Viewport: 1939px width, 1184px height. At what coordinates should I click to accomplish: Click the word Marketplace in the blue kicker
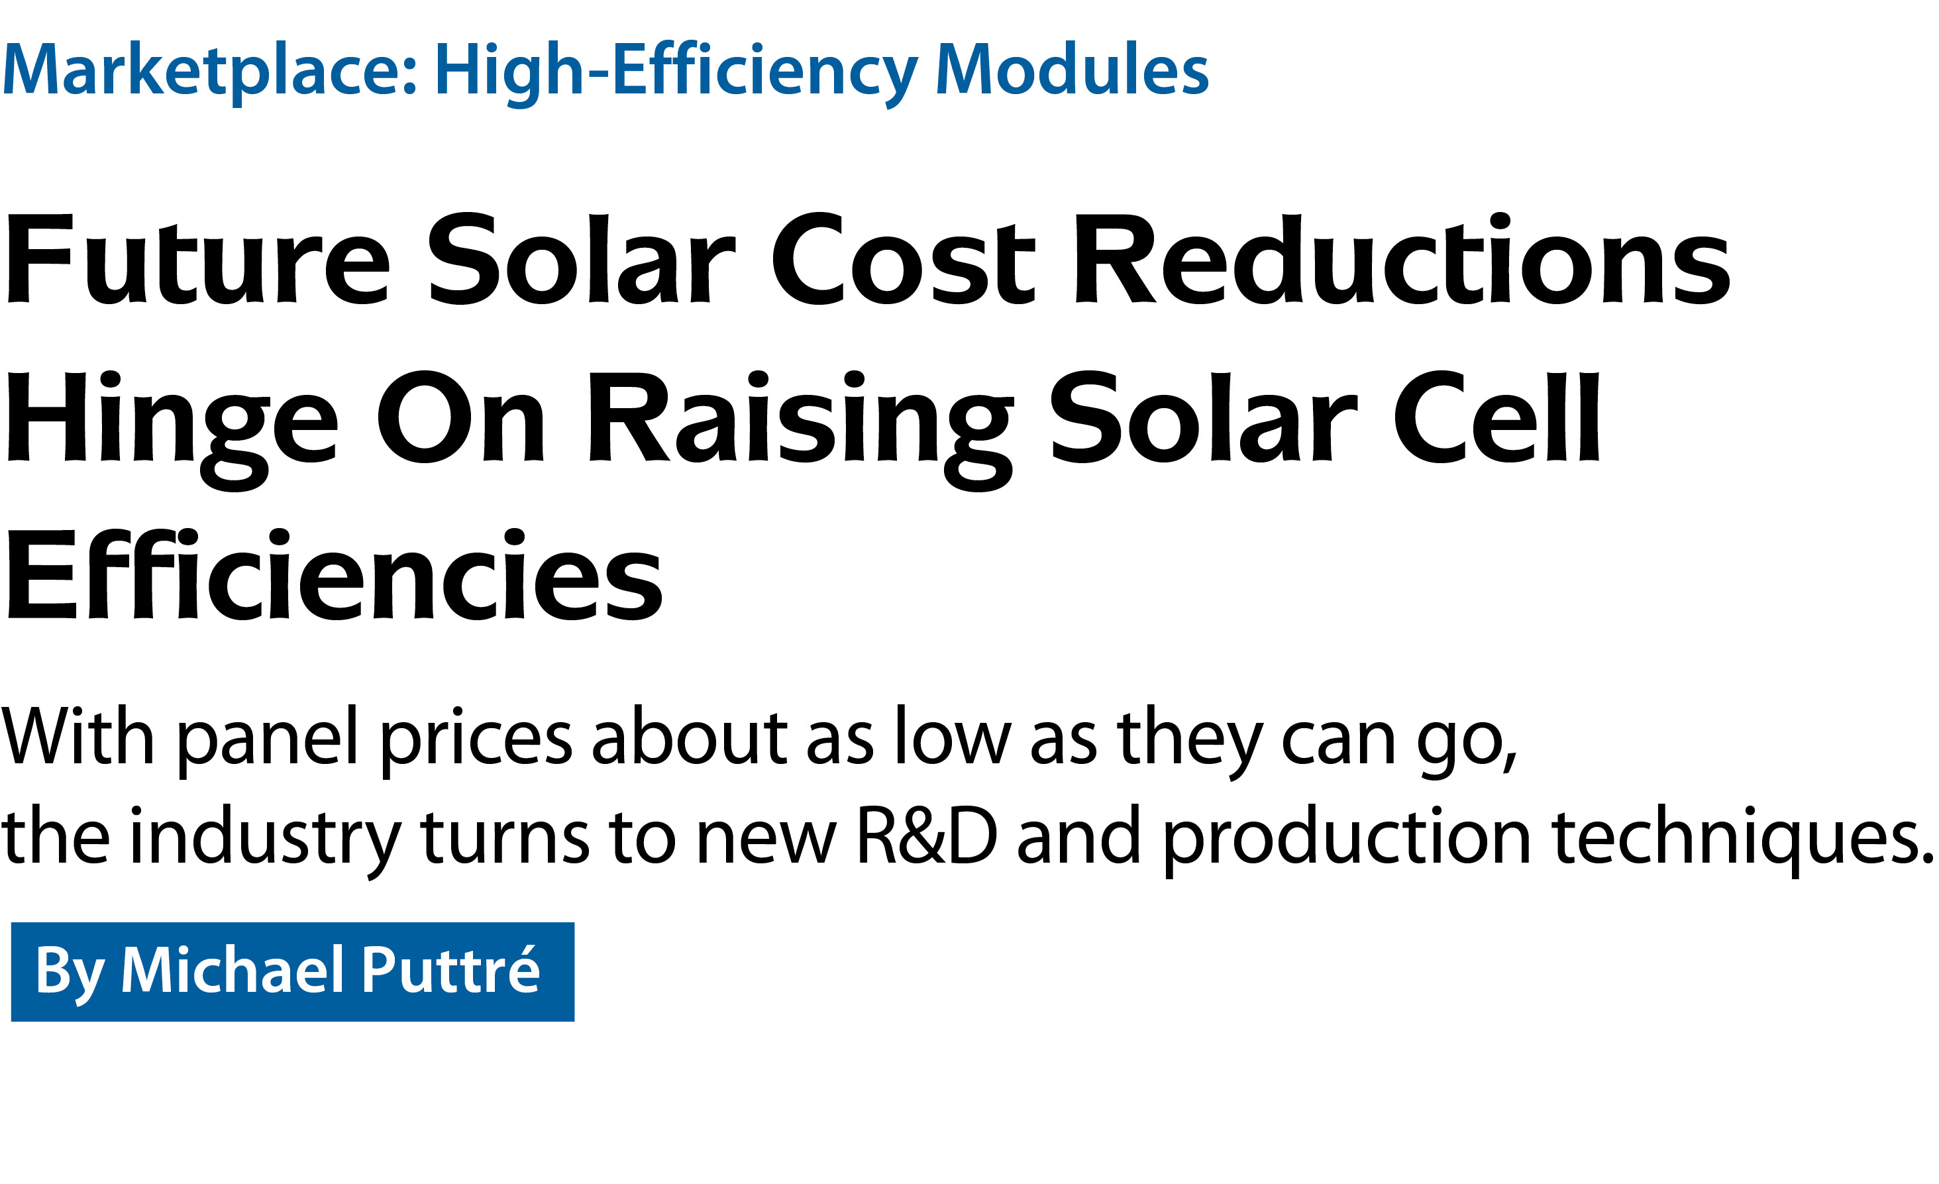point(209,71)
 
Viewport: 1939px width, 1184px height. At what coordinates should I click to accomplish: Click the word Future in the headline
point(197,260)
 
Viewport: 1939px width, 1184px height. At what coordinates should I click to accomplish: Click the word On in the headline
point(460,417)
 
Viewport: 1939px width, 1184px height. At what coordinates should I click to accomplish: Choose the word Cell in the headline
point(1496,417)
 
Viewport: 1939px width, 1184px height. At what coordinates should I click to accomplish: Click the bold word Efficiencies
point(335,574)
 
